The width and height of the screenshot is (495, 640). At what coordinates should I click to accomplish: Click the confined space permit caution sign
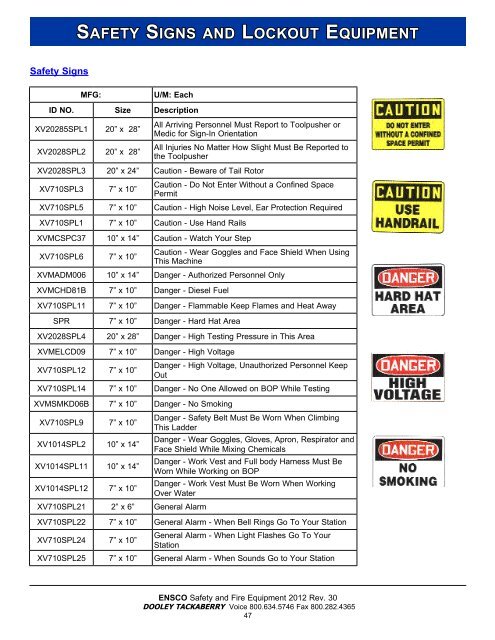[409, 123]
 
